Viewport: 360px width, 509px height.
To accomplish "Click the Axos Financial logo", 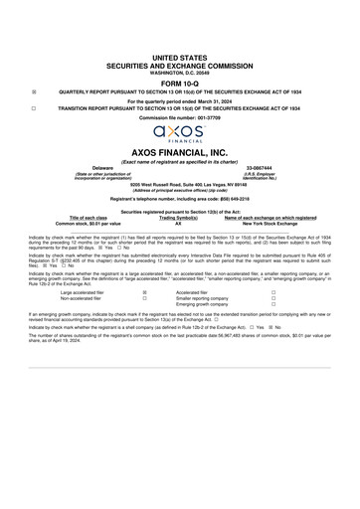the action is coord(180,131).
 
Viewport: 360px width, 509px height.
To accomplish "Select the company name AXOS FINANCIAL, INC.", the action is coord(180,153).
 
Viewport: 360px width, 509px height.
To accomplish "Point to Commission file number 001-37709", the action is coord(180,116).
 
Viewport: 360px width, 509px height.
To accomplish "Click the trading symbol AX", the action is coord(179,224).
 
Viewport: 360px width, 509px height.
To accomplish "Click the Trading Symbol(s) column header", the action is coord(180,218).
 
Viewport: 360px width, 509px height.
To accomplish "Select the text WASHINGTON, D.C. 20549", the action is coord(180,72).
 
